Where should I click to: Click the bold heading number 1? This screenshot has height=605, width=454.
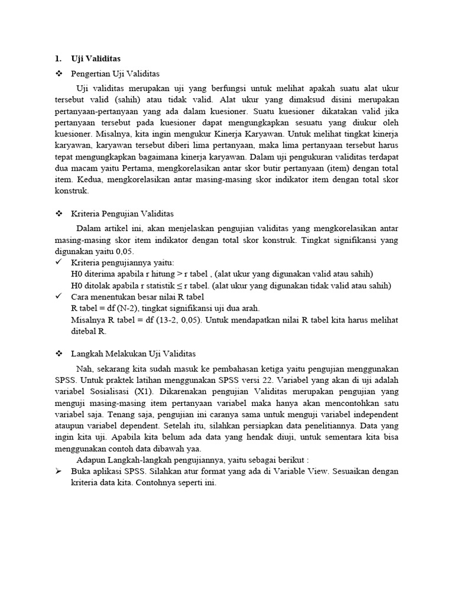coord(57,58)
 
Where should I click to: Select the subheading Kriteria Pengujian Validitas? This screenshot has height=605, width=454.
coord(122,213)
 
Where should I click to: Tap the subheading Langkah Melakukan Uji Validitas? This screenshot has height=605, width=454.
coord(133,354)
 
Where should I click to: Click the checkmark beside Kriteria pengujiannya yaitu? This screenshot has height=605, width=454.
coord(58,262)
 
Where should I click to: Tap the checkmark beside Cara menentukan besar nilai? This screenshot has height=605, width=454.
coord(58,297)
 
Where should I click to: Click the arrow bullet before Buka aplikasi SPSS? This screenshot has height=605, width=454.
coord(58,471)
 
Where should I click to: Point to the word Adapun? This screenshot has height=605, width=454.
coord(92,460)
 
